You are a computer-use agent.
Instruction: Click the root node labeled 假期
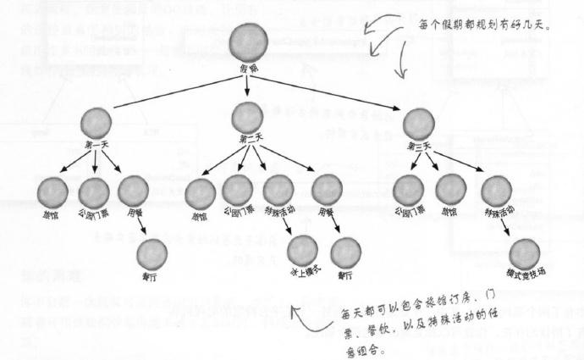point(246,42)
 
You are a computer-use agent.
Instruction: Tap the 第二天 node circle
point(247,115)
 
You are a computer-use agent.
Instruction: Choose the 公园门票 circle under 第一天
point(94,192)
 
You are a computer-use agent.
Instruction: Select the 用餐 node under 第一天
point(133,191)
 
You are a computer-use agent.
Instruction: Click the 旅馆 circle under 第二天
point(200,193)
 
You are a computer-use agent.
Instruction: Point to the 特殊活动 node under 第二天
point(278,191)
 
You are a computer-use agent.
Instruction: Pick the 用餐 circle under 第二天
point(327,190)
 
